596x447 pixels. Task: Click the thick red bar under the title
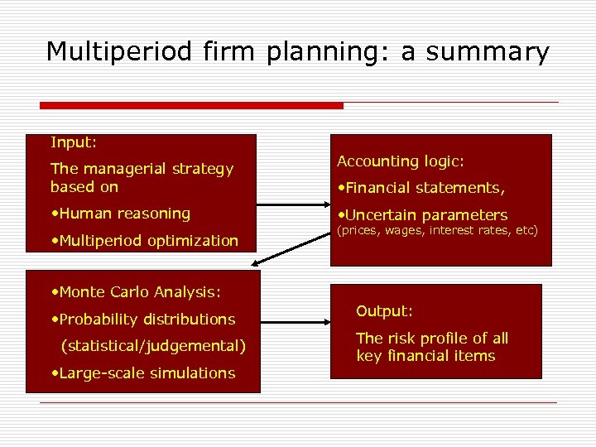point(191,106)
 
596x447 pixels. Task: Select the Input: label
point(74,143)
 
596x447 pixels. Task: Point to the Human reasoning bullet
point(120,214)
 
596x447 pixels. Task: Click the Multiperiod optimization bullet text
point(144,241)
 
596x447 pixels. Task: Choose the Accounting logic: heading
point(400,161)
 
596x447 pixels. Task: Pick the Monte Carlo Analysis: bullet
point(135,292)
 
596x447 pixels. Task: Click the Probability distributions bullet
point(142,320)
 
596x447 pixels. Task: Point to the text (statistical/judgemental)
point(154,346)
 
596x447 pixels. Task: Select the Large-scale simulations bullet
point(142,373)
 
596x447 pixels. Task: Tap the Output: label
point(384,311)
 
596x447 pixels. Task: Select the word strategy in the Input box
point(206,169)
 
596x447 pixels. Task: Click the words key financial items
point(425,357)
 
